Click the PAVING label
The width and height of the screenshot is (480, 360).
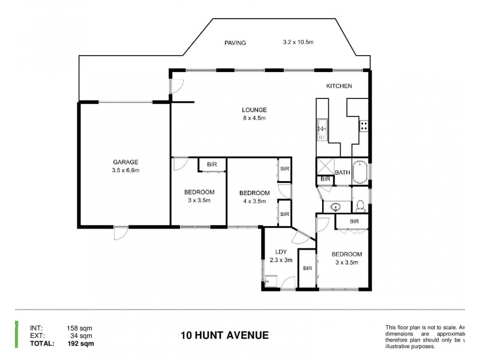click(235, 43)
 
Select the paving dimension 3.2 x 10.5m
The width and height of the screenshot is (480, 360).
click(298, 43)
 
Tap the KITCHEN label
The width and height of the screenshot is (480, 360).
click(339, 86)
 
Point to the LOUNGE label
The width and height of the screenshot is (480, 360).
click(254, 110)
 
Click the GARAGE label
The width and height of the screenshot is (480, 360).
click(125, 162)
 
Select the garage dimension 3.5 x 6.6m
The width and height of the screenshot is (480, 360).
click(125, 170)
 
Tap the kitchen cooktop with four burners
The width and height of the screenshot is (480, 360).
click(364, 126)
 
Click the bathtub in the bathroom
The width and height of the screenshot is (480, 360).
click(361, 172)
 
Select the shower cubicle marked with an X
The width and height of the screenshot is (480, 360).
click(325, 166)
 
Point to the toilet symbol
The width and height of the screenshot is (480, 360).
click(360, 206)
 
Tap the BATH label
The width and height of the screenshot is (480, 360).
click(343, 173)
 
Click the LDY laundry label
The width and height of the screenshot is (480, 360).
click(280, 252)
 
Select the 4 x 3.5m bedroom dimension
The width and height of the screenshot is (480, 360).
click(254, 201)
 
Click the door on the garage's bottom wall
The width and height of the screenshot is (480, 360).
click(120, 233)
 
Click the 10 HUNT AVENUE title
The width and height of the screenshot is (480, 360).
click(224, 335)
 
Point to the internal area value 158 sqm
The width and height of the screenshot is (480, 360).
click(80, 328)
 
